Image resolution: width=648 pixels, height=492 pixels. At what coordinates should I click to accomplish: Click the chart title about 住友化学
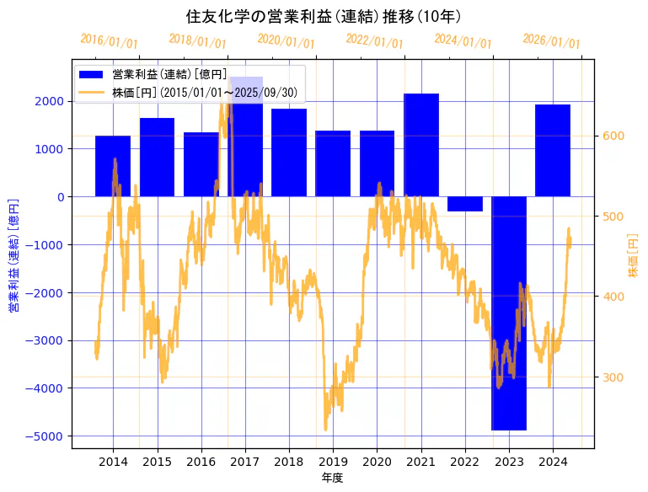(324, 16)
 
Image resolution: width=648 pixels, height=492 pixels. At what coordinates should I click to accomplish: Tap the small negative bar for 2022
(465, 204)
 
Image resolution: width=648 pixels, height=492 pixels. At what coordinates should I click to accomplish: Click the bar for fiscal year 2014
(113, 166)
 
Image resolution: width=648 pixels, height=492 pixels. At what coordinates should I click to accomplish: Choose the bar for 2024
(553, 151)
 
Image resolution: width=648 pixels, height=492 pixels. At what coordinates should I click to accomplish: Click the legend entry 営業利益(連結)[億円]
(169, 75)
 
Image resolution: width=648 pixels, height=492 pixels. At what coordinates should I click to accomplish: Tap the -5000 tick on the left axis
(51, 436)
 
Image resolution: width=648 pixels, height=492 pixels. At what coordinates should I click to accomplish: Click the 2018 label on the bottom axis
(289, 462)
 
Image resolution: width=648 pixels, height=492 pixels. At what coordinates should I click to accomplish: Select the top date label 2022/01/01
(375, 40)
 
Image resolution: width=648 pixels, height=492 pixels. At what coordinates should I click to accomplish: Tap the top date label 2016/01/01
(110, 40)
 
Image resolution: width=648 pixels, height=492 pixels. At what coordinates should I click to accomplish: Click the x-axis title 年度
(333, 478)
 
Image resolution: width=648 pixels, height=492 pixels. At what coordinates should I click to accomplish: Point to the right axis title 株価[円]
(634, 257)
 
